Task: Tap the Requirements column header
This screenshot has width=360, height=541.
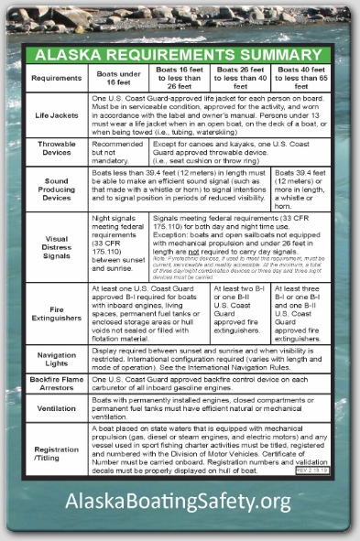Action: [56, 78]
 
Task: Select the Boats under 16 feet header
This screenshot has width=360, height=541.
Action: [118, 78]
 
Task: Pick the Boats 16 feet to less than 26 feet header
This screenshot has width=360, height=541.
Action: [180, 78]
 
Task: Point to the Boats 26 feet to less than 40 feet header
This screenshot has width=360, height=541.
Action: [240, 78]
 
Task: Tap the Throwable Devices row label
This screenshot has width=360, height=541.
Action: [56, 151]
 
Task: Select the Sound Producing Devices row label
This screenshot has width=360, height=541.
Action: [56, 189]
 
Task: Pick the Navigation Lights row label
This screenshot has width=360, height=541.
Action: [56, 360]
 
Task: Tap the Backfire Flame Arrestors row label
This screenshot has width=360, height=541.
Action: [56, 384]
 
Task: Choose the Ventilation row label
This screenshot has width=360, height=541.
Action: [56, 408]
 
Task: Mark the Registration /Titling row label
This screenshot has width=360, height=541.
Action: [56, 453]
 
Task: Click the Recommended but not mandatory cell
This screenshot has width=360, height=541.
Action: [118, 151]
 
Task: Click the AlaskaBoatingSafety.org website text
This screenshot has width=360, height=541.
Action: [179, 501]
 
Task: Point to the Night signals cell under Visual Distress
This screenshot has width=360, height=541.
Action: [118, 245]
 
